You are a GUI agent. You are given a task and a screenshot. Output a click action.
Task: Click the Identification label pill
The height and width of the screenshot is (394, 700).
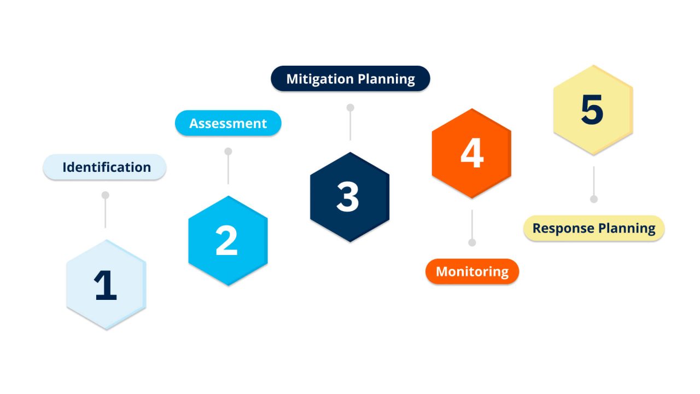pos(104,167)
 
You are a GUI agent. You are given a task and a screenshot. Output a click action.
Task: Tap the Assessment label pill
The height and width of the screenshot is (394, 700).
pos(228,123)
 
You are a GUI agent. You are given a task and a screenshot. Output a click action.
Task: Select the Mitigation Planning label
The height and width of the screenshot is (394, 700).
pos(351,79)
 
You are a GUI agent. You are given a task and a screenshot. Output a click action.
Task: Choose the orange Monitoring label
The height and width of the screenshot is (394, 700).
pos(472,271)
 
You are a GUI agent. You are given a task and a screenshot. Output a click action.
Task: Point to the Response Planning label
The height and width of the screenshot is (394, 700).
pos(594,228)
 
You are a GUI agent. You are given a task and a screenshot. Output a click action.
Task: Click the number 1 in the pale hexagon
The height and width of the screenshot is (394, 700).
pos(106,286)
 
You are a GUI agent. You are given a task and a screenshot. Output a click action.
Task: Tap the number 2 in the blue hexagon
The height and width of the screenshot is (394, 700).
pos(227,241)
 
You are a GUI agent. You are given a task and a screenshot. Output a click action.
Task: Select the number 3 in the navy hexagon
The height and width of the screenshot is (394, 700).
pos(348,197)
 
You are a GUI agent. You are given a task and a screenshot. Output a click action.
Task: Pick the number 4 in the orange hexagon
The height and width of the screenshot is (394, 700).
pos(471,153)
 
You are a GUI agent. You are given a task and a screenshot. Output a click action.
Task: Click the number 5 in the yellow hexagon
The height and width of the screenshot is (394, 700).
pos(592,110)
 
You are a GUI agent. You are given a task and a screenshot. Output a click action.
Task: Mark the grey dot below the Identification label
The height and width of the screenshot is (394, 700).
pos(106,195)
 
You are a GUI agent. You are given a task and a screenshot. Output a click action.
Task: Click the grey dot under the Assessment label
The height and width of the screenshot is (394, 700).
pos(228,151)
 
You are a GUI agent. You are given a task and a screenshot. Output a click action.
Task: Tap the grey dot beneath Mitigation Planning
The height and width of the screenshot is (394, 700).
pos(351,107)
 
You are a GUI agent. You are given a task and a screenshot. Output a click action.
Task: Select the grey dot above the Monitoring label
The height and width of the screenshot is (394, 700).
pos(472,242)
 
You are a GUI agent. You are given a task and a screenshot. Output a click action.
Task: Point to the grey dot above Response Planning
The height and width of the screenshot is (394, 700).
pos(594,199)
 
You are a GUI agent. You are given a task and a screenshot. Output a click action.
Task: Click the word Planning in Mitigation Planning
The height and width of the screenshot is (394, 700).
pos(386,79)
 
